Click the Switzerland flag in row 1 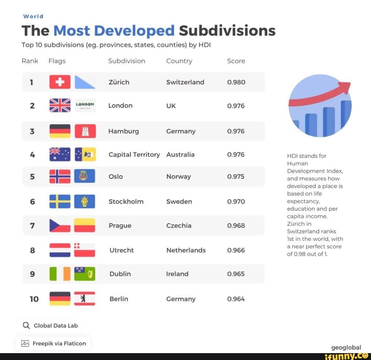pos(60,82)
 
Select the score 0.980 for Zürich pos(236,82)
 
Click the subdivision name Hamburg pos(124,131)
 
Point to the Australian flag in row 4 pos(60,154)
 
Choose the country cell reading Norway pos(178,176)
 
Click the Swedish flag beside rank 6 pos(60,201)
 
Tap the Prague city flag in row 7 pos(85,225)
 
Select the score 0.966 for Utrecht pos(236,250)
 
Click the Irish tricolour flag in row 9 pos(60,274)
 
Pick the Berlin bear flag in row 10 pos(85,299)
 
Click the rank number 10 pos(34,299)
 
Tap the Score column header pos(236,61)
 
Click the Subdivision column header pos(126,61)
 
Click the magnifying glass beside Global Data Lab pos(26,325)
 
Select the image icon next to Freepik pos(25,344)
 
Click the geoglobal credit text pos(346,347)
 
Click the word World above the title pos(33,16)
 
